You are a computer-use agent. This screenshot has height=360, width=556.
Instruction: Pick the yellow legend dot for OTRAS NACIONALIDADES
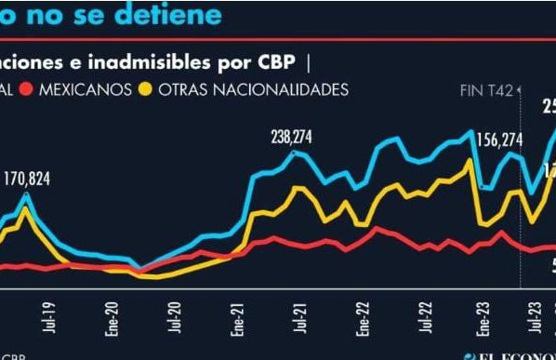[x=145, y=89]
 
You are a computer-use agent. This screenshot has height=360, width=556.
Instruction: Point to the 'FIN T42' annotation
[x=487, y=90]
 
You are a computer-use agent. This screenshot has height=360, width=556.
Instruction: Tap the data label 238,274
[x=292, y=136]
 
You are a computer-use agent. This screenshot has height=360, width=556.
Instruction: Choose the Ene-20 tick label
[x=110, y=317]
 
